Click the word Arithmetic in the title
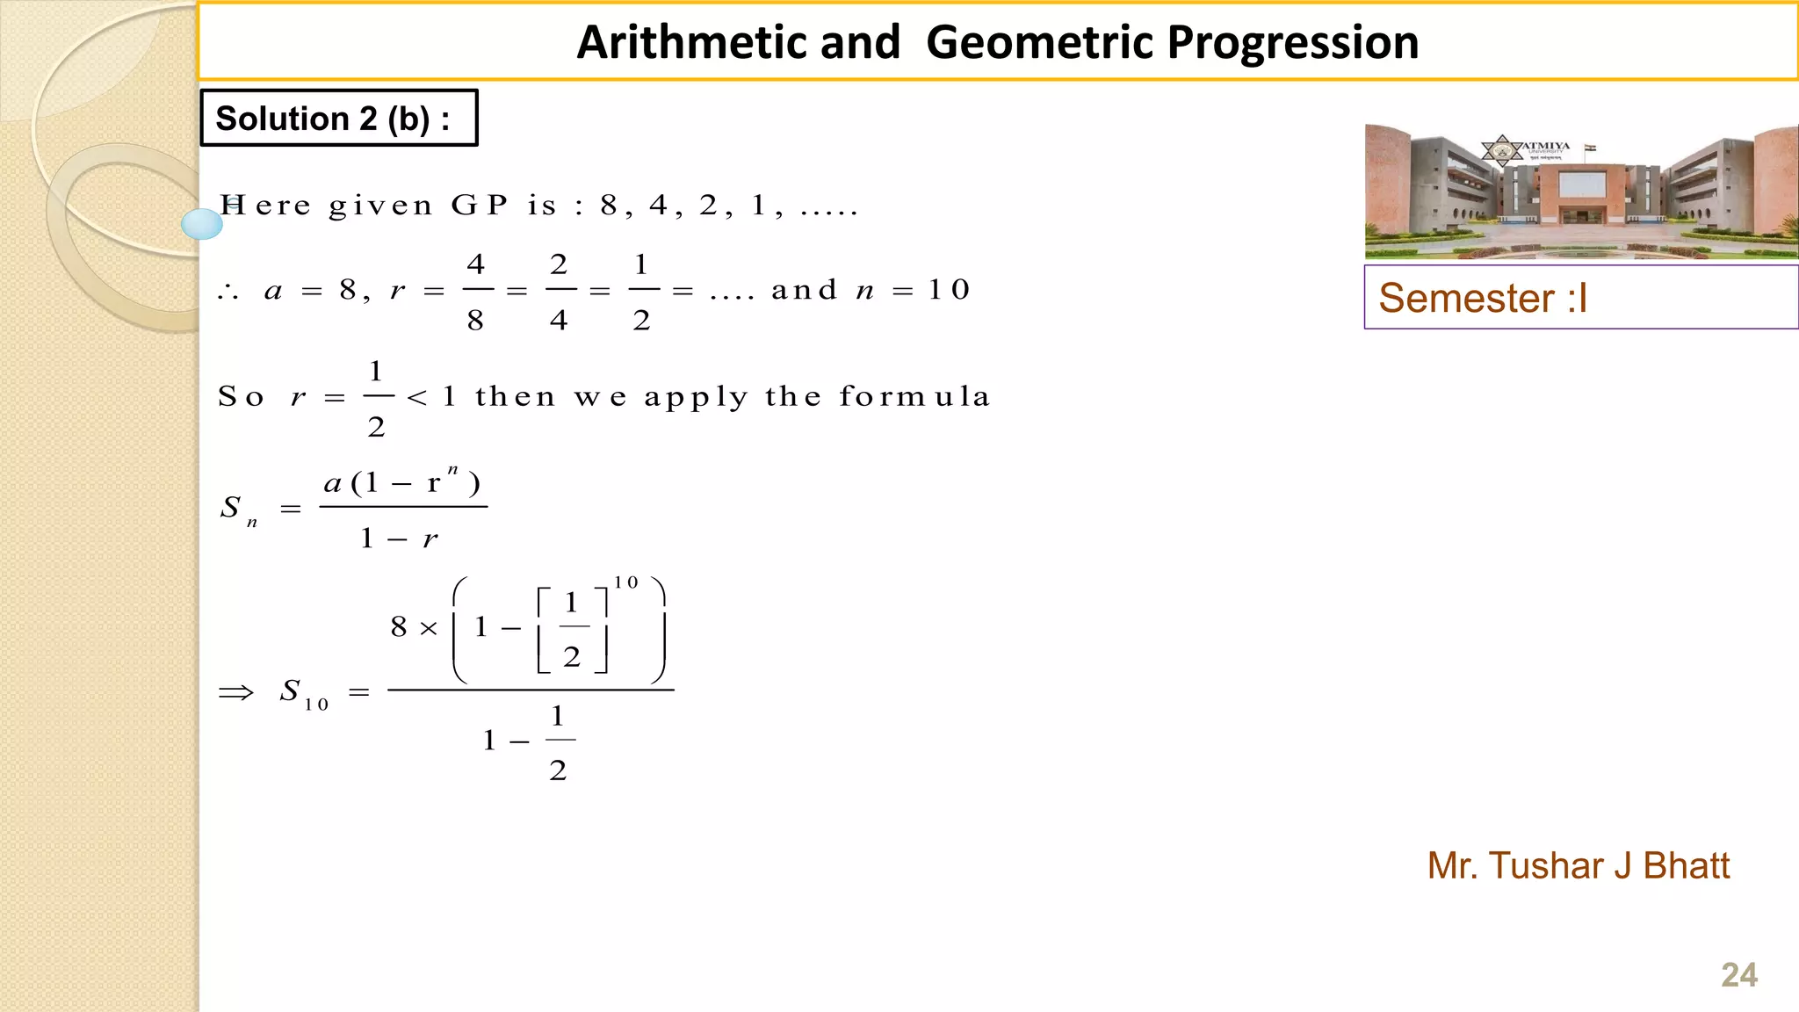pyautogui.click(x=739, y=42)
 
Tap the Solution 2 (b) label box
pyautogui.click(x=338, y=118)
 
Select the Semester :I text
pyautogui.click(x=1483, y=298)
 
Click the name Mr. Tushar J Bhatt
pyautogui.click(x=1578, y=865)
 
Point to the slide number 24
pyautogui.click(x=1738, y=975)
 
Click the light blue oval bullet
pyautogui.click(x=202, y=224)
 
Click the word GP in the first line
pyautogui.click(x=480, y=205)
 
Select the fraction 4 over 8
pyautogui.click(x=475, y=291)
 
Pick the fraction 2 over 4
pyautogui.click(x=559, y=291)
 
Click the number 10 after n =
pyautogui.click(x=949, y=289)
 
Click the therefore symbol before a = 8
pyautogui.click(x=228, y=292)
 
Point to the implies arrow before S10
pyautogui.click(x=235, y=692)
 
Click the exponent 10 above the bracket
pyautogui.click(x=626, y=582)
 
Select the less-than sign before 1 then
pyautogui.click(x=417, y=398)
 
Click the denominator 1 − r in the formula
pyautogui.click(x=399, y=538)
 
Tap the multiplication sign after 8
pyautogui.click(x=428, y=628)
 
